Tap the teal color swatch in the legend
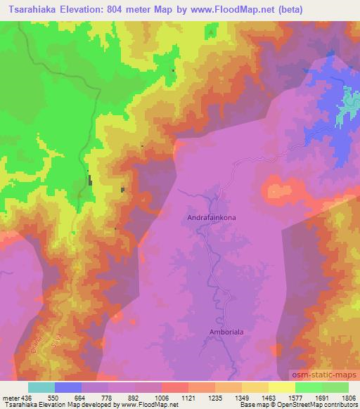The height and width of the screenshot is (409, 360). (41, 387)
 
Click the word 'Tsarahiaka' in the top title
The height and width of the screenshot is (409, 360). (30, 11)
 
